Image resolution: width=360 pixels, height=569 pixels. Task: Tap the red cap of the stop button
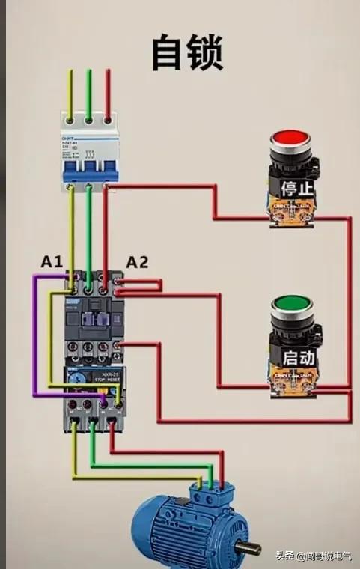pos(289,139)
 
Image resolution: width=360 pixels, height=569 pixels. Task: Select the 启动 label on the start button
pos(293,358)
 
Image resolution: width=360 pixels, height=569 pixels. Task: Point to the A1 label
pos(52,261)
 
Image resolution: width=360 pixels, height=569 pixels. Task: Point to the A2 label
pos(136,262)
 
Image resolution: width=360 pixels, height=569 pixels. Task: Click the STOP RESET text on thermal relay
pos(107,380)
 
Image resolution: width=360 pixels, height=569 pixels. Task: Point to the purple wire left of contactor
pos(34,337)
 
